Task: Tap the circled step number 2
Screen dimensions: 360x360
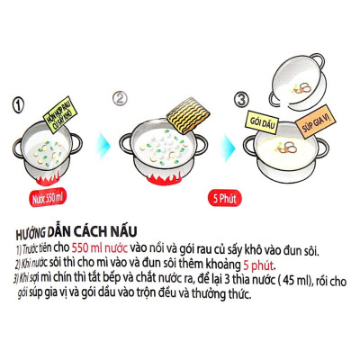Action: [x=126, y=99]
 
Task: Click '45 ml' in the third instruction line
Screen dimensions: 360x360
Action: [x=281, y=273]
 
